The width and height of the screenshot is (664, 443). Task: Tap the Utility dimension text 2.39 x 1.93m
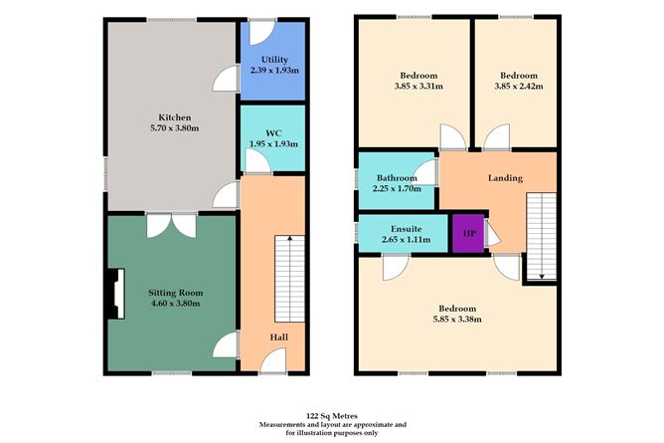(x=273, y=71)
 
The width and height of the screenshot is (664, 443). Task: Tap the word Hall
(x=279, y=336)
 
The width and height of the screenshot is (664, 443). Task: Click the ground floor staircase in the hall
(x=287, y=270)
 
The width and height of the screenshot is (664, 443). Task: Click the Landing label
(x=505, y=178)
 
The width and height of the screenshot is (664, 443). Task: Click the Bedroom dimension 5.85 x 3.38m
(x=457, y=320)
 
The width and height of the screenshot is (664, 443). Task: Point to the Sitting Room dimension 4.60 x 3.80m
(x=175, y=304)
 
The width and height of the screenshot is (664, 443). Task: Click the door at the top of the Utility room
(x=258, y=32)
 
